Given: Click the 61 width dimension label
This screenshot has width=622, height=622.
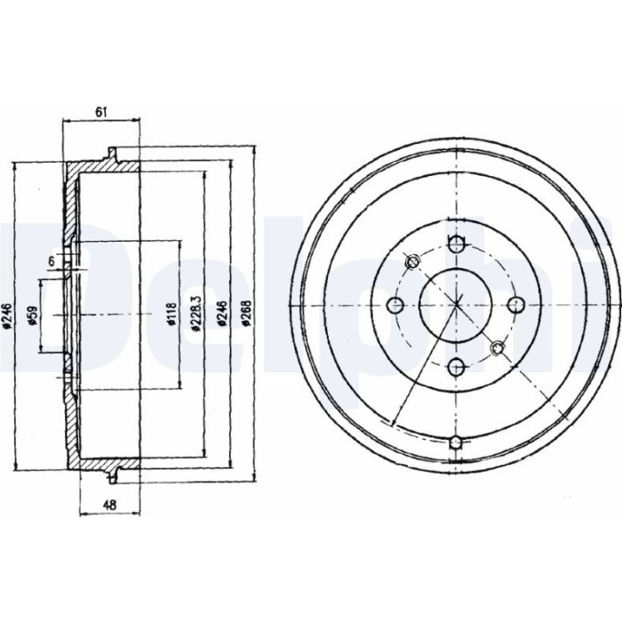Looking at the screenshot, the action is coord(101,112).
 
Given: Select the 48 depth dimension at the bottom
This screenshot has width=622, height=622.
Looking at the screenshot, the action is coord(109,505).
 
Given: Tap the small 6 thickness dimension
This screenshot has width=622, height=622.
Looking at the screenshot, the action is coord(52,261).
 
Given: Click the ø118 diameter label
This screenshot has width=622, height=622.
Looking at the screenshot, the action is coord(171,315).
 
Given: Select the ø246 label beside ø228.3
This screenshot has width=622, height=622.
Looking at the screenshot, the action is coord(222,314).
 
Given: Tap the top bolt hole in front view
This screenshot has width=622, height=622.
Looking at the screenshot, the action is coord(457,243).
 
